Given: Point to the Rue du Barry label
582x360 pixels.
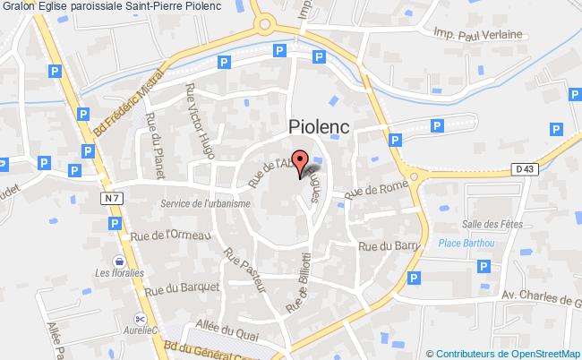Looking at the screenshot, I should click(389, 246).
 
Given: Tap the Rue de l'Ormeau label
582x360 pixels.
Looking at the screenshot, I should click(170, 235).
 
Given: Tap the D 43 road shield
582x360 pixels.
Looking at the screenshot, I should click(524, 167).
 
